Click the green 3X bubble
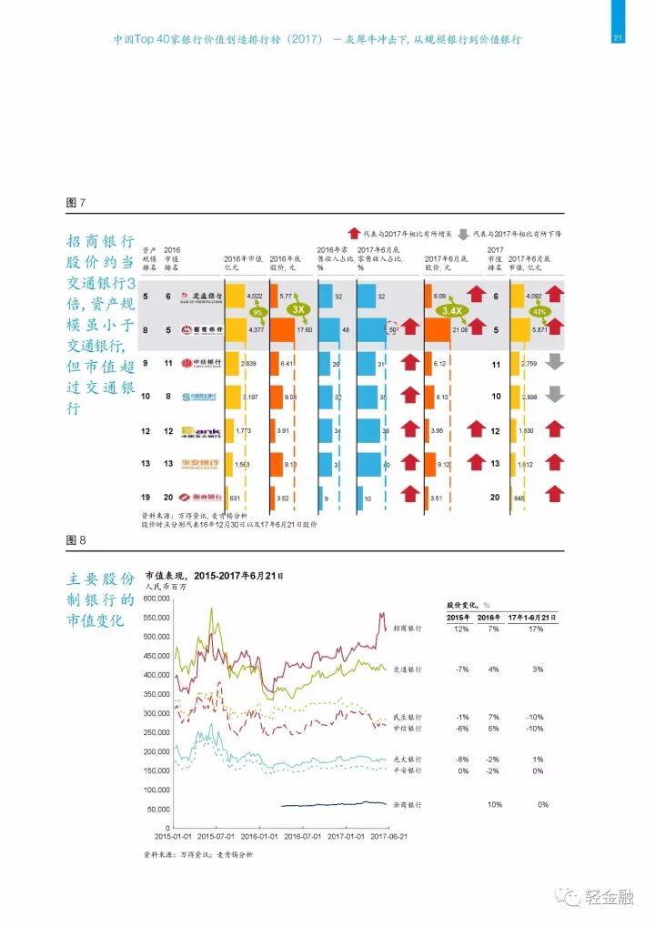click(x=297, y=309)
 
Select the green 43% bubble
click(x=539, y=312)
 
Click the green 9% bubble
click(x=257, y=312)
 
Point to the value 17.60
click(x=304, y=329)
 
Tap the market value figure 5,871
click(x=543, y=329)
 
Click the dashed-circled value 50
click(x=392, y=328)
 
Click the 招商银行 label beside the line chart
click(x=407, y=629)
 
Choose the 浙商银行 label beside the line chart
click(x=407, y=805)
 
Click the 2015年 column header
click(x=458, y=617)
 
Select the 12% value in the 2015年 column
click(x=459, y=629)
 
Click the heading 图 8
click(x=76, y=540)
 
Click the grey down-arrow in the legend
click(x=463, y=233)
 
